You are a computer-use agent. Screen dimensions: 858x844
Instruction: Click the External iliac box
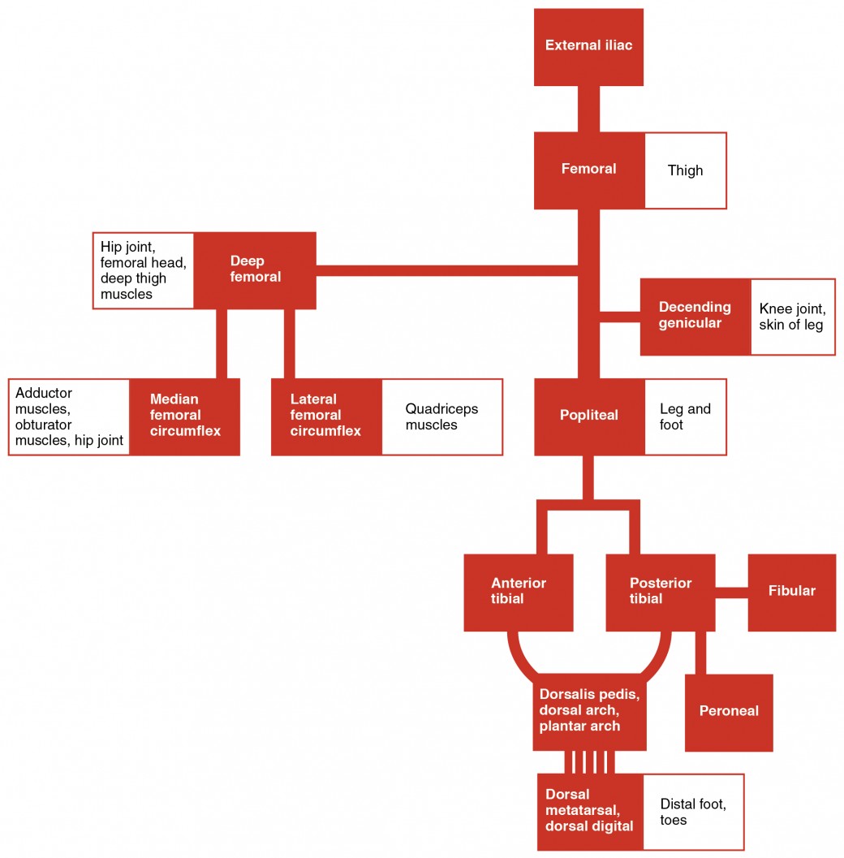tap(588, 46)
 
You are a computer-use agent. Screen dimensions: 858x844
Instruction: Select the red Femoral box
tap(589, 170)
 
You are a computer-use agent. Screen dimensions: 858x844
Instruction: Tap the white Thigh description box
tap(686, 170)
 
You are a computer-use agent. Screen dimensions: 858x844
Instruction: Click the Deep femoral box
tap(256, 270)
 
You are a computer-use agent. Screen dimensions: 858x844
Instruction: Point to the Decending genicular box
tap(695, 317)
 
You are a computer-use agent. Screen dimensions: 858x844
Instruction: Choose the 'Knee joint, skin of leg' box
tap(792, 317)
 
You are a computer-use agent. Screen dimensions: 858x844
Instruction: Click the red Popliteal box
tap(589, 416)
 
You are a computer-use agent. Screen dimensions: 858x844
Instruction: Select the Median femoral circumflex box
tap(185, 416)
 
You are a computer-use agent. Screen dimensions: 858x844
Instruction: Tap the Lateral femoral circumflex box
tap(326, 416)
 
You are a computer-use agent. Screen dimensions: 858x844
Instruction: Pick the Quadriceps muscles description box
tap(441, 416)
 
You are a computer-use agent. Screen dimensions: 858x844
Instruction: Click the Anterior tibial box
tap(519, 593)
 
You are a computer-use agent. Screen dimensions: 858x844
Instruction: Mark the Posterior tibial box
tap(661, 593)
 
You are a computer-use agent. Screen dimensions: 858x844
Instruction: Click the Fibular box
tap(791, 593)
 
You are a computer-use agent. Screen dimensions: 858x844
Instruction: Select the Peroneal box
tap(729, 712)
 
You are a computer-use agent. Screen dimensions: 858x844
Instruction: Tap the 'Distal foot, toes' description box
tap(693, 812)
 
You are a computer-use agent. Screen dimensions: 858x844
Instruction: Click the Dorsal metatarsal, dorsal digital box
tap(590, 812)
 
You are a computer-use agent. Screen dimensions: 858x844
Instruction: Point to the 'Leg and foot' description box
tap(685, 416)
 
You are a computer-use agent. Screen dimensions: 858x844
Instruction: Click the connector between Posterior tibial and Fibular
tap(731, 593)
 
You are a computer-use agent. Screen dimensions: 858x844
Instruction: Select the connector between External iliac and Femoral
tap(588, 109)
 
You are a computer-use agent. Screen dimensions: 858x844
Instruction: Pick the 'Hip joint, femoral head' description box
tap(143, 270)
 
